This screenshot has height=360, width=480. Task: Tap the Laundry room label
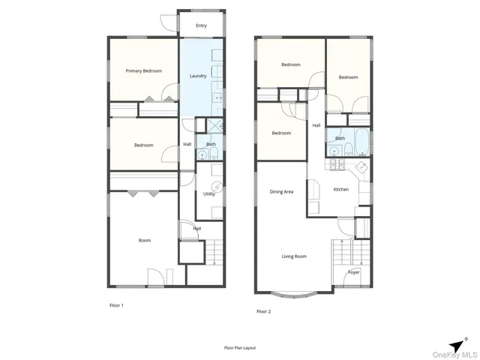tap(198, 76)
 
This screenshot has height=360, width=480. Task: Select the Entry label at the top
tap(201, 25)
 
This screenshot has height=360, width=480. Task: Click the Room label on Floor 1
tap(144, 241)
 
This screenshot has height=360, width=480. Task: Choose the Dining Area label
tap(281, 192)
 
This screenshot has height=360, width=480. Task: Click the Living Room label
tap(294, 256)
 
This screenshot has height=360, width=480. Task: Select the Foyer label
tap(353, 272)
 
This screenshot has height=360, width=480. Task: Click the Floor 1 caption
tap(116, 305)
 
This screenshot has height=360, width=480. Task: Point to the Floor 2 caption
tap(263, 310)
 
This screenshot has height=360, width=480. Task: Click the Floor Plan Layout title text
tap(240, 348)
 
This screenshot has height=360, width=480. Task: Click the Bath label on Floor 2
tap(340, 138)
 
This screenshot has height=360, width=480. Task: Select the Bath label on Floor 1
tap(211, 145)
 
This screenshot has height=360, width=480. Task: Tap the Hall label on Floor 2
tap(316, 125)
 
